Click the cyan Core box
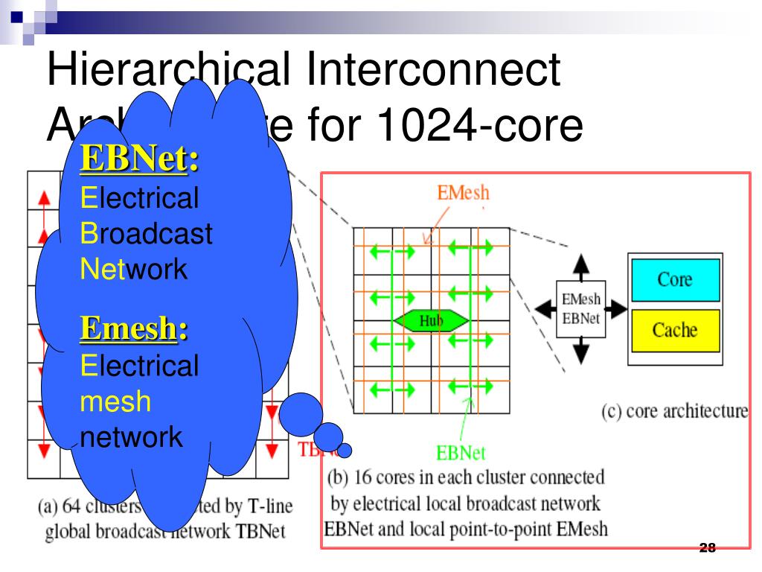(674, 279)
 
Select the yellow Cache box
(674, 329)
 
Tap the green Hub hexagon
(431, 321)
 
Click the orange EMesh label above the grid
(464, 192)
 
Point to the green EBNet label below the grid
(461, 452)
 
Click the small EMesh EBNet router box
(581, 308)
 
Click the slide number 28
(707, 549)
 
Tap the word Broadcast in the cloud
(146, 234)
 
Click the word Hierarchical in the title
(167, 70)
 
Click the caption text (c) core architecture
(674, 411)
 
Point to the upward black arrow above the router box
(581, 264)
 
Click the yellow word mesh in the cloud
(115, 401)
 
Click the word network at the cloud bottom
(131, 436)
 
